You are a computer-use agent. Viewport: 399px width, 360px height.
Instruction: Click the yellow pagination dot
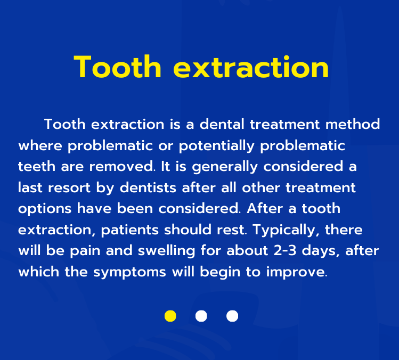[170, 316]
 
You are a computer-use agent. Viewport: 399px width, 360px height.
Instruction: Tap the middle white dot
[201, 316]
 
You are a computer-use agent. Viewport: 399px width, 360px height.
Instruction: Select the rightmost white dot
[232, 316]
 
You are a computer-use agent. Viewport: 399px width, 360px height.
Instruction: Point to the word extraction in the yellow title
[251, 67]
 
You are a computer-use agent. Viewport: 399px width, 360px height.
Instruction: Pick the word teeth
[37, 167]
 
